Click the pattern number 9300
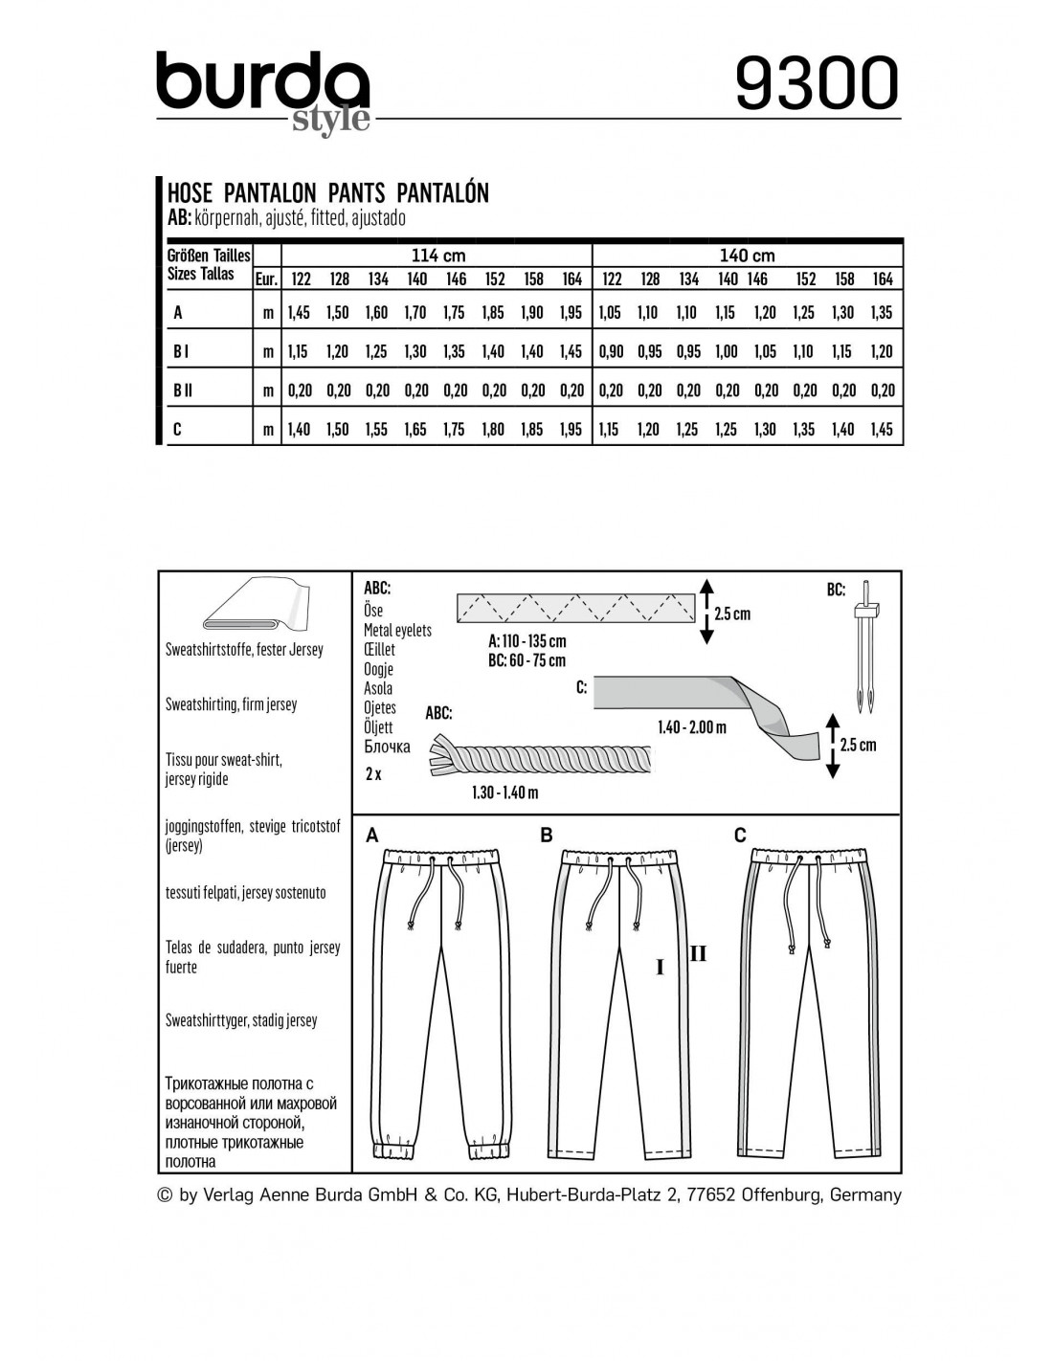[817, 83]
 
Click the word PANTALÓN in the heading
[442, 192]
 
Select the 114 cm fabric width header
[437, 256]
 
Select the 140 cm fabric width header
[747, 256]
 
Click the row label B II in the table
[183, 390]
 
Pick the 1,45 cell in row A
[299, 313]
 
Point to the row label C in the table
[177, 430]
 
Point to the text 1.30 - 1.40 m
[504, 792]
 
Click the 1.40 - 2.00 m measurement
[691, 727]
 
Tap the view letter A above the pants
[372, 836]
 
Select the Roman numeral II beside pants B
[698, 953]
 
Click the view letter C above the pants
[739, 836]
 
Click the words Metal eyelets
[397, 630]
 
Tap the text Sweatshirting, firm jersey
[231, 704]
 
